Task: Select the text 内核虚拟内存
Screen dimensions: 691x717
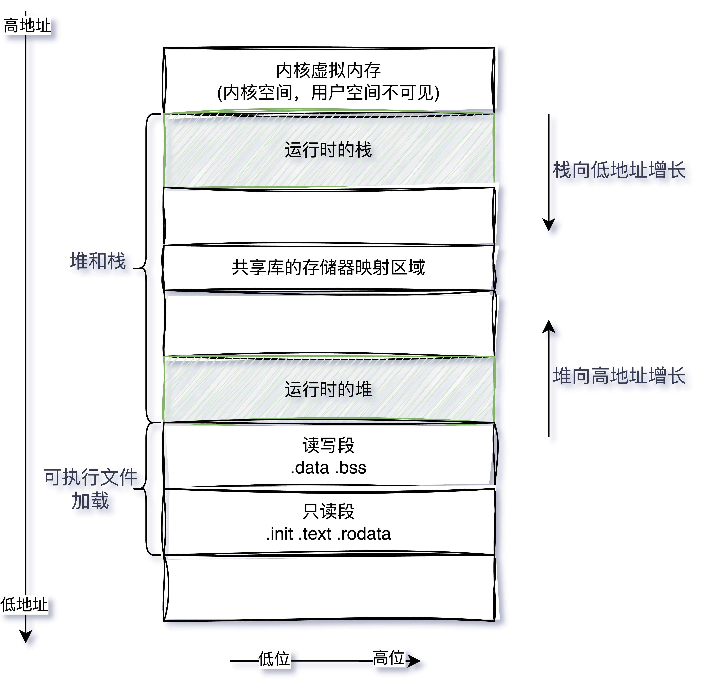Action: [328, 70]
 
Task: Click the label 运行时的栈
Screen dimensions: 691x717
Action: [328, 150]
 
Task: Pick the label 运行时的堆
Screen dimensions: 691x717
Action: [328, 389]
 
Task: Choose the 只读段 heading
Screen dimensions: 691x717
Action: [328, 511]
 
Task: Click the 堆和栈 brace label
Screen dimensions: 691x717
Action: [98, 261]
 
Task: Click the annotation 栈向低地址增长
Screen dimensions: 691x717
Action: [619, 170]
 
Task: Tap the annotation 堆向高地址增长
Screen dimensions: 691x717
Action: [619, 376]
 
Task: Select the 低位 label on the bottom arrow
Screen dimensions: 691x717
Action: [274, 659]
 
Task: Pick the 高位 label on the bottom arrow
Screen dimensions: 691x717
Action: [388, 658]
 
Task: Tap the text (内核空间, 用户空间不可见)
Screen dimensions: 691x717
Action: [328, 93]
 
